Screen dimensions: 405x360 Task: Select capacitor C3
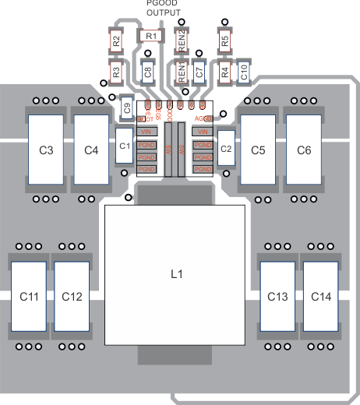pyautogui.click(x=45, y=150)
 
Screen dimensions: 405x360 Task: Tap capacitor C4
pyautogui.click(x=91, y=150)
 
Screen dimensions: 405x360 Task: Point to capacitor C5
pyautogui.click(x=258, y=150)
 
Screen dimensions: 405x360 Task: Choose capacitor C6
pyautogui.click(x=304, y=150)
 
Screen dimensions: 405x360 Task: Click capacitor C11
pyautogui.click(x=29, y=297)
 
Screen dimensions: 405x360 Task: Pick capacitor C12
pyautogui.click(x=72, y=297)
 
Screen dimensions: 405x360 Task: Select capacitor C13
pyautogui.click(x=277, y=297)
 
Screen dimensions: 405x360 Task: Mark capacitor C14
pyautogui.click(x=320, y=297)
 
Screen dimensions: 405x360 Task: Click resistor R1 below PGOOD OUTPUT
pyautogui.click(x=151, y=36)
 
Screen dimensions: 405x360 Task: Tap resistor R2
pyautogui.click(x=115, y=41)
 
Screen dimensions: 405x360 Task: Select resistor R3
pyautogui.click(x=115, y=72)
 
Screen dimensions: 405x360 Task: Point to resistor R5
pyautogui.click(x=224, y=41)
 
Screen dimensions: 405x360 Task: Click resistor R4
pyautogui.click(x=224, y=72)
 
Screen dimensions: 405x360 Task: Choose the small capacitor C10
pyautogui.click(x=244, y=72)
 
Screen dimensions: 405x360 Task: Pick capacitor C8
pyautogui.click(x=148, y=72)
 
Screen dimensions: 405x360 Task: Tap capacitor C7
pyautogui.click(x=199, y=72)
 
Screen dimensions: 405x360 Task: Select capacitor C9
pyautogui.click(x=128, y=108)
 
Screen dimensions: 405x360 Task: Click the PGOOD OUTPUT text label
pyautogui.click(x=161, y=8)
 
